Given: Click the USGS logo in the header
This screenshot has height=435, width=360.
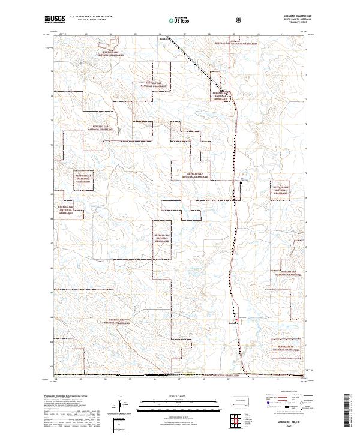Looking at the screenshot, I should click(x=55, y=19).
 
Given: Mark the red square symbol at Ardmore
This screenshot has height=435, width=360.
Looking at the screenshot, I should click(x=238, y=319).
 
